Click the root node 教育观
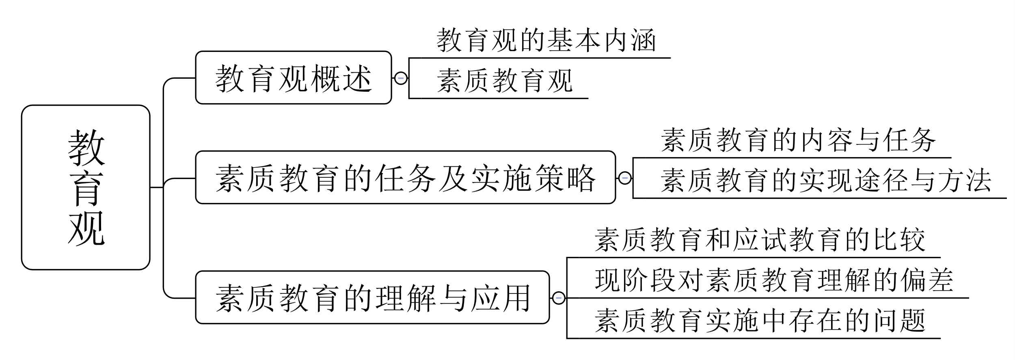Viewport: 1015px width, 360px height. coord(86,187)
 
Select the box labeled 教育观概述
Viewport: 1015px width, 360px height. coord(293,78)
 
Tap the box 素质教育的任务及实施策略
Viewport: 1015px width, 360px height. coord(405,178)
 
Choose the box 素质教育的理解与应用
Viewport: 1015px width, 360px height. coord(372,297)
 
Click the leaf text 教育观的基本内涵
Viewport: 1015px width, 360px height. coord(546,41)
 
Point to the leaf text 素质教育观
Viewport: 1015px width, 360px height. coord(505,80)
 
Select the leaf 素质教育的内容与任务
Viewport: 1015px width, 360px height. coord(798,140)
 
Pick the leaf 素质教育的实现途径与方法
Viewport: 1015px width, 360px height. coord(826,180)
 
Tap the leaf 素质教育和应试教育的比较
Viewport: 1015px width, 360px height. coord(760,239)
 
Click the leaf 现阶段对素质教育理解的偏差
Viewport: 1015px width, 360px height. coord(774,280)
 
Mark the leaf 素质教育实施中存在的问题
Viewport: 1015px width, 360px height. coord(760,320)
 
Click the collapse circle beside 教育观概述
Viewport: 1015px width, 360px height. coord(401,78)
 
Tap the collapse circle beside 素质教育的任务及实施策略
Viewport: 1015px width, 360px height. coord(625,178)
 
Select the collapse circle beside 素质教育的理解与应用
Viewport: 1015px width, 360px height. coord(559,298)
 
